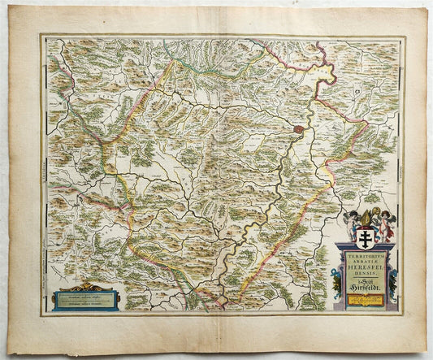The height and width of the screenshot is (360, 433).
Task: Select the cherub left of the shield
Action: [x=352, y=221]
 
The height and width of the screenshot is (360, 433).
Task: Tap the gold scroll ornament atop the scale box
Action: [x=84, y=287]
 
